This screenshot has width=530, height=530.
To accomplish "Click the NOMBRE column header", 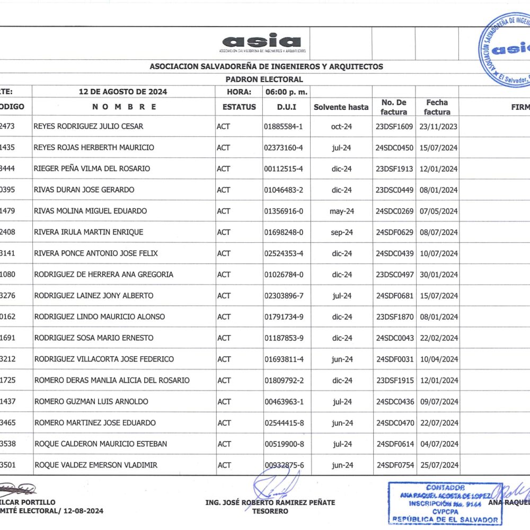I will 125,107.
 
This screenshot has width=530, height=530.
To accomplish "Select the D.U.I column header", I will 287,107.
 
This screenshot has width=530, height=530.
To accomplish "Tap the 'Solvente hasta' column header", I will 341,107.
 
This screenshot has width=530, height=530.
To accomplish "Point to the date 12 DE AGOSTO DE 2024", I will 123,92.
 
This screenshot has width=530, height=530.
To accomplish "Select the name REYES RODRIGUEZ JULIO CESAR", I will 88,127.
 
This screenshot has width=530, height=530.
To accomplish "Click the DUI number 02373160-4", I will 283,147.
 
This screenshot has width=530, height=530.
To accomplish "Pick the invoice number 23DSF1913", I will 394,169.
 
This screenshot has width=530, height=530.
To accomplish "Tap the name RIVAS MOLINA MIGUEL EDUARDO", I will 90,211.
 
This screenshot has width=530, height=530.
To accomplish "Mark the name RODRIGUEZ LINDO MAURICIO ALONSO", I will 100,317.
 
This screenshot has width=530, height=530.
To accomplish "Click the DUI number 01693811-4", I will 284,359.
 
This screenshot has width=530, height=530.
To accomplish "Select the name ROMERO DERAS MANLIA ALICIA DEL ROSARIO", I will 112,381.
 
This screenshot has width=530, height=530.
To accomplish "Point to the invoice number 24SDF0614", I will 394,444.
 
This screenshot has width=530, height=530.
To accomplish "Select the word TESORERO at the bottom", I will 270,511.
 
